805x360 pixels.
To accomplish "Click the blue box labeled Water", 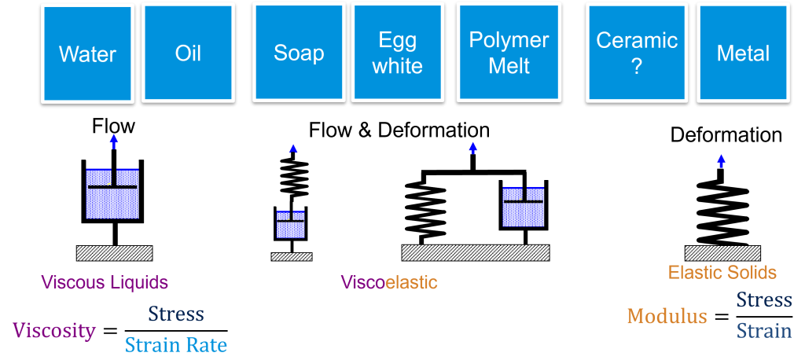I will coord(87,53).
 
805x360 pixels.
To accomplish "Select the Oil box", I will coord(188,53).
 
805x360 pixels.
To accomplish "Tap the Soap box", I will coord(299,53).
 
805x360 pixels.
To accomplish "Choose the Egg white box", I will coord(398,53).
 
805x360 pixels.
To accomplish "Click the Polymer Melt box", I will coord(509,53).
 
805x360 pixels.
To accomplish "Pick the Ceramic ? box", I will coord(637,53).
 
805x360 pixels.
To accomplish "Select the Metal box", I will coord(743,53).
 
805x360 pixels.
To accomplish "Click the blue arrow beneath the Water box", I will coord(114,141).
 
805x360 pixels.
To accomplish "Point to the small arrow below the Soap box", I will coord(293,149).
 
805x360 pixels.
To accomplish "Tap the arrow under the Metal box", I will coord(721,161).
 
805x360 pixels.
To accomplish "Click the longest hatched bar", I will coord(475,252).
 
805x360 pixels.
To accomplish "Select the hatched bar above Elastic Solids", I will coord(722,253).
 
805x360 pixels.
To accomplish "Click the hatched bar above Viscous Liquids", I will coord(114,253).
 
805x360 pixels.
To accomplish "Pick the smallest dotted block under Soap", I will coord(290,225).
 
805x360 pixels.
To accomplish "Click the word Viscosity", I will coord(54,331).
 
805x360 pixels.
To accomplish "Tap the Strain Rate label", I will coord(176,345).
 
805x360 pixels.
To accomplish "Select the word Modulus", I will coord(667,317).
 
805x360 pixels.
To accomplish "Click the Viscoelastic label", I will coord(389,282).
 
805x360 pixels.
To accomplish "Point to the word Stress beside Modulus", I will coord(763,300).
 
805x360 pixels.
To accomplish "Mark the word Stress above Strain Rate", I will coord(176,314).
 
